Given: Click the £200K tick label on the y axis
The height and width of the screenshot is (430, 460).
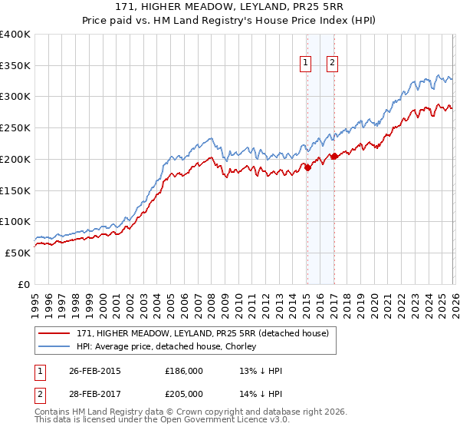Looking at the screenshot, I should click(x=15, y=159).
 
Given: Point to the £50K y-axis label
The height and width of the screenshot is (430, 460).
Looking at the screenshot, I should click(x=18, y=253).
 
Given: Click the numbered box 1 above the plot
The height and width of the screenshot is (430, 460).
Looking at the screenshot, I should click(x=306, y=64).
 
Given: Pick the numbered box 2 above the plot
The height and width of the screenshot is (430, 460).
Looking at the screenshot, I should click(x=333, y=64).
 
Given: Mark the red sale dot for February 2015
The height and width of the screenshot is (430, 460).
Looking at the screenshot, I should click(x=307, y=167).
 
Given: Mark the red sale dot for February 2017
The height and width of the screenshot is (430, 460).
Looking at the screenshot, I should click(x=334, y=156).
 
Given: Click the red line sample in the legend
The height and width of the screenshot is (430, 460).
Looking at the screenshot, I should click(x=54, y=332).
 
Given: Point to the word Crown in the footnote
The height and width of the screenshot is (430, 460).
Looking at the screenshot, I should click(x=193, y=412).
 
